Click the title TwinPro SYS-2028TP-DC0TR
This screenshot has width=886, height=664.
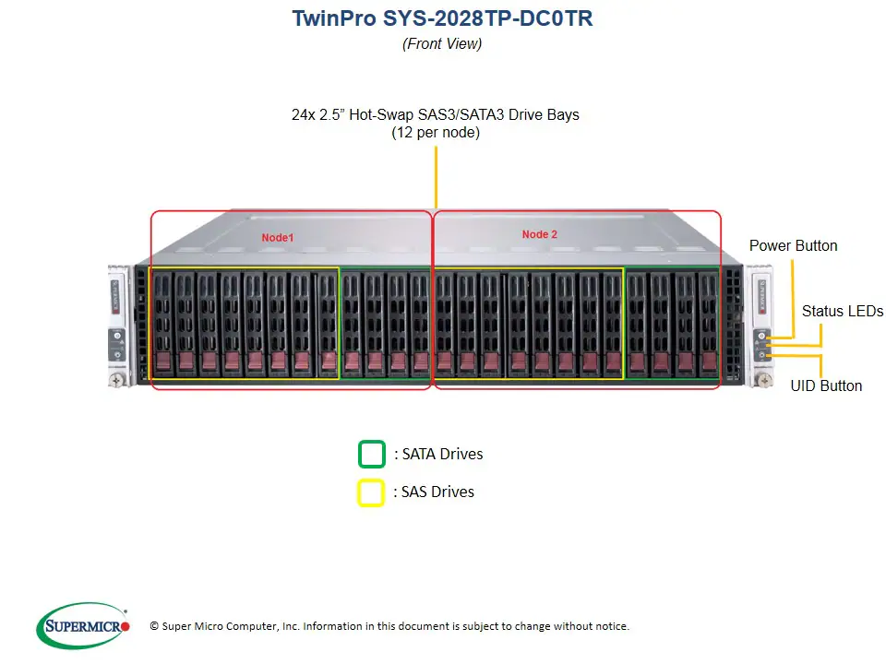coord(442,18)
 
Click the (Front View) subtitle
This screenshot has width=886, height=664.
coord(442,43)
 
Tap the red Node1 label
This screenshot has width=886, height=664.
coord(277,237)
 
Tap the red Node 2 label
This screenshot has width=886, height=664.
coord(540,234)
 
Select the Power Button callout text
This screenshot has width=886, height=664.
coord(793,245)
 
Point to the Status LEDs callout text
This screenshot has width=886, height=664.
coord(842,311)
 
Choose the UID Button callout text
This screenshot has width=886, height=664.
coord(826,385)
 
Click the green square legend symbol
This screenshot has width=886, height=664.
coord(371,455)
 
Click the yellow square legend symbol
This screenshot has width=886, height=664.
coord(371,493)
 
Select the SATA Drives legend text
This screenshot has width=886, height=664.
coord(438,454)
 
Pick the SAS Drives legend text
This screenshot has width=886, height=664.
coord(434,492)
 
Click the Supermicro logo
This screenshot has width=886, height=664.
coord(83,626)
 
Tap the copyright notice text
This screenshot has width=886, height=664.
coord(389,626)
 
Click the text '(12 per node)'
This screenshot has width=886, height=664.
coord(436,132)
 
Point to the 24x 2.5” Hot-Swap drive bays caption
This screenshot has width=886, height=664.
coord(436,114)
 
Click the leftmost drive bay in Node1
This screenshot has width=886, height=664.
coord(162,323)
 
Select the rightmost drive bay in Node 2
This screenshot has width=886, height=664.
coord(708,323)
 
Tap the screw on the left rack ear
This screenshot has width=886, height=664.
coord(118,378)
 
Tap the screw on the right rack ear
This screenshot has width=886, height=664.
coord(763,378)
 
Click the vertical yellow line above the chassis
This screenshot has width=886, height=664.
coord(436,175)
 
